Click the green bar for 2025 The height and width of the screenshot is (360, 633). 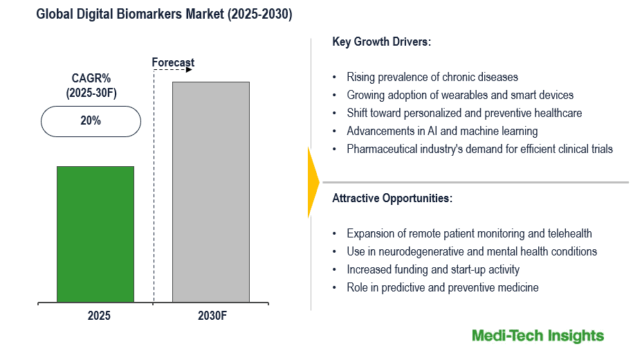click(x=95, y=234)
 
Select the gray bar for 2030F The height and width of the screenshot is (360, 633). click(x=211, y=192)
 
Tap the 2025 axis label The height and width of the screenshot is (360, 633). click(x=98, y=316)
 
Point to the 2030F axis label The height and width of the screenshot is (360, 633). click(x=210, y=316)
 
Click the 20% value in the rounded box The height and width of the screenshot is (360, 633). click(x=91, y=120)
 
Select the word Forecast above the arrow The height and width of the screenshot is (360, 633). click(x=173, y=63)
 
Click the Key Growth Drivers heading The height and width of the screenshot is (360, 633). click(x=381, y=42)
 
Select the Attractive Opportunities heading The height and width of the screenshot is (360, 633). click(x=392, y=198)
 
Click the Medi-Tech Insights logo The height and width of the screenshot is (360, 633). click(x=538, y=336)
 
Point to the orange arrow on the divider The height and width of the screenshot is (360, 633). click(x=313, y=181)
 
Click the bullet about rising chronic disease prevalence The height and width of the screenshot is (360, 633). click(x=432, y=77)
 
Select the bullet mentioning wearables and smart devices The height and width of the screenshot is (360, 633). click(x=460, y=95)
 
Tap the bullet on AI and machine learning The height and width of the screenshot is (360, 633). click(x=442, y=131)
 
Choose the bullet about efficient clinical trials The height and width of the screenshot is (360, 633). click(x=479, y=149)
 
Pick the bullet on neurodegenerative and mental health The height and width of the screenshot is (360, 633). click(x=471, y=251)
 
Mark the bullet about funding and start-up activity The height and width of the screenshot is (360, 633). click(x=433, y=269)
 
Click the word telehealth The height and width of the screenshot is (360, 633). click(x=569, y=233)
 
